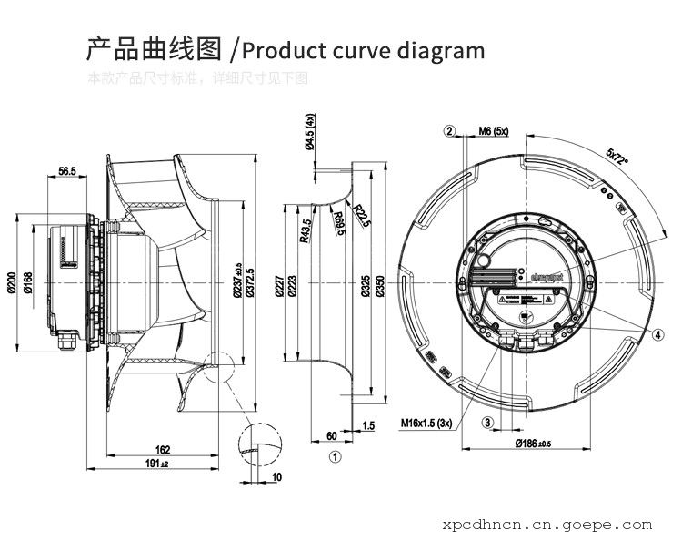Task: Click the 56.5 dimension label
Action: (x=66, y=170)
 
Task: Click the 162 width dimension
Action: (x=163, y=449)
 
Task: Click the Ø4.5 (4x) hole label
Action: (x=309, y=133)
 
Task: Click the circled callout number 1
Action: (x=335, y=456)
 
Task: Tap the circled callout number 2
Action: (x=449, y=130)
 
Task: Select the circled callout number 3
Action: (x=487, y=422)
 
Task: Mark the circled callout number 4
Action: (x=657, y=334)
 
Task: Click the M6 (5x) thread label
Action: (x=493, y=131)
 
